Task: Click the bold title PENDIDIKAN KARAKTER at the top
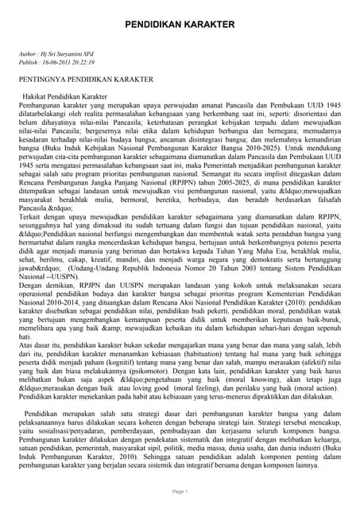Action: (x=180, y=25)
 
